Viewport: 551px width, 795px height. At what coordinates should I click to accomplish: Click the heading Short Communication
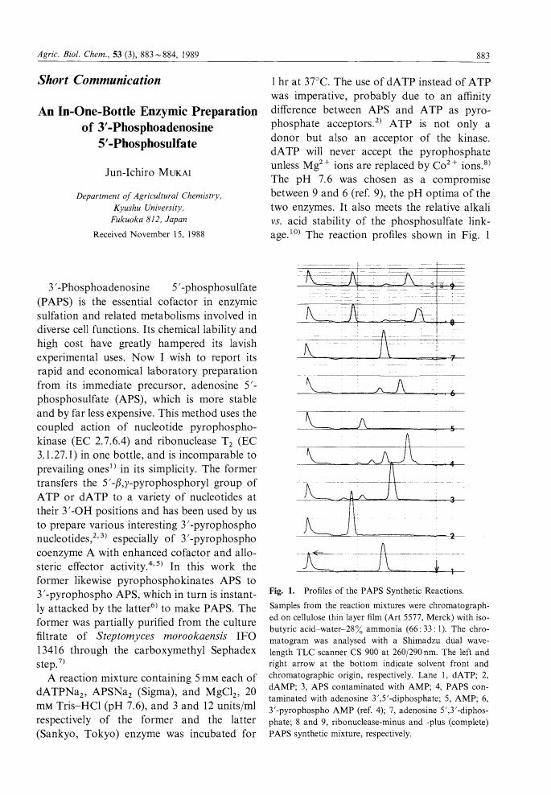pos(99,80)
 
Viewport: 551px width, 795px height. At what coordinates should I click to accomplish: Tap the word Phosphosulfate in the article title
pos(147,143)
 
